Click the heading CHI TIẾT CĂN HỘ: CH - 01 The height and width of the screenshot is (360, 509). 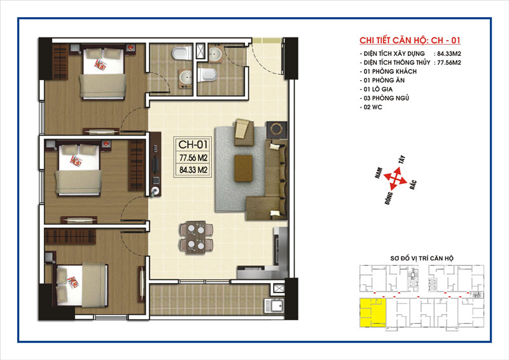pyautogui.click(x=410, y=40)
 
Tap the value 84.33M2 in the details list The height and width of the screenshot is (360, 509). pyautogui.click(x=449, y=54)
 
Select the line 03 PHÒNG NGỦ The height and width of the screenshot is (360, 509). pyautogui.click(x=384, y=98)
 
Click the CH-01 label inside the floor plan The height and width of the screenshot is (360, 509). pyautogui.click(x=193, y=144)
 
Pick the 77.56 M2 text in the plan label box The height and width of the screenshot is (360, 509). pyautogui.click(x=193, y=158)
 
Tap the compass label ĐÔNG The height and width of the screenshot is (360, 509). pyautogui.click(x=389, y=198)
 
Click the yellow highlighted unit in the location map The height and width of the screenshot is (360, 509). pyautogui.click(x=373, y=312)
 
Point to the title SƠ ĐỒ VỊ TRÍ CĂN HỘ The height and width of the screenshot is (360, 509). pyautogui.click(x=422, y=258)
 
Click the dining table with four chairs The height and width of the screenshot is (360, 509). pyautogui.click(x=196, y=237)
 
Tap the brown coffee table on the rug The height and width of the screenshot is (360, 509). pyautogui.click(x=244, y=168)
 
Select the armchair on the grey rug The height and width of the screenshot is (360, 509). pyautogui.click(x=244, y=132)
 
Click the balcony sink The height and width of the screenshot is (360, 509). pyautogui.click(x=274, y=306)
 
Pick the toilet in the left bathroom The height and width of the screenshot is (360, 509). pyautogui.click(x=182, y=53)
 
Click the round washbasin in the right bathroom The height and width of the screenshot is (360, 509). pyautogui.click(x=215, y=54)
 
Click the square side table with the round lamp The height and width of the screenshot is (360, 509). pyautogui.click(x=276, y=129)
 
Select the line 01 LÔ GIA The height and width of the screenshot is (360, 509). pyautogui.click(x=376, y=89)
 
